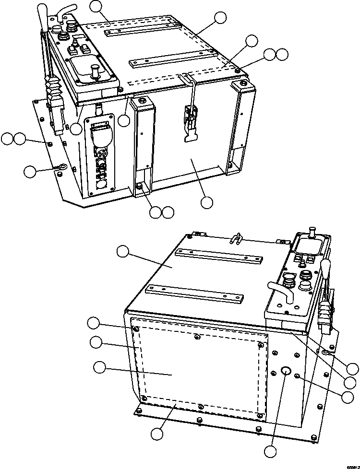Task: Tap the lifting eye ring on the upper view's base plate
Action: click(62, 167)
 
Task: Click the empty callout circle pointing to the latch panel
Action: click(207, 202)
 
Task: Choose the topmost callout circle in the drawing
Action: click(96, 6)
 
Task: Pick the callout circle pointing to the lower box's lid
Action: click(123, 251)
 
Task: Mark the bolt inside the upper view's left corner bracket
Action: click(140, 186)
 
